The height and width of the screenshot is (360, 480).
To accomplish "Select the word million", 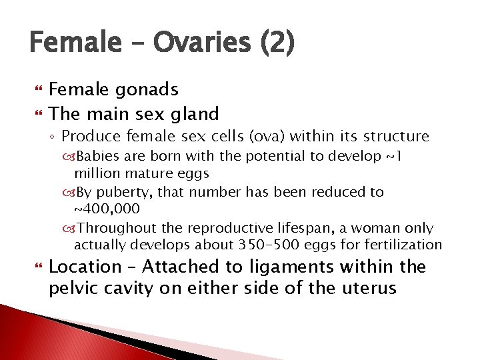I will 96,173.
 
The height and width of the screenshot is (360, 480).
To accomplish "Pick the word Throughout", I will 112,228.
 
